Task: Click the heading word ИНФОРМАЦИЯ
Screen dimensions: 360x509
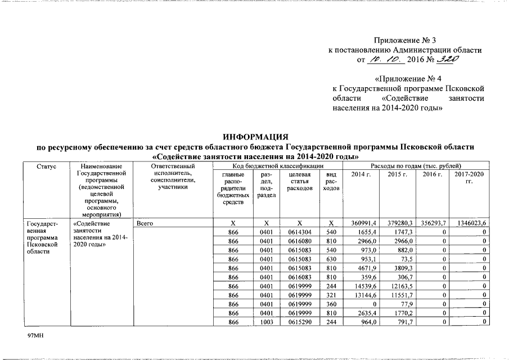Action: tap(255, 137)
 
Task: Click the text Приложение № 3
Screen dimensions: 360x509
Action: tap(405, 40)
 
